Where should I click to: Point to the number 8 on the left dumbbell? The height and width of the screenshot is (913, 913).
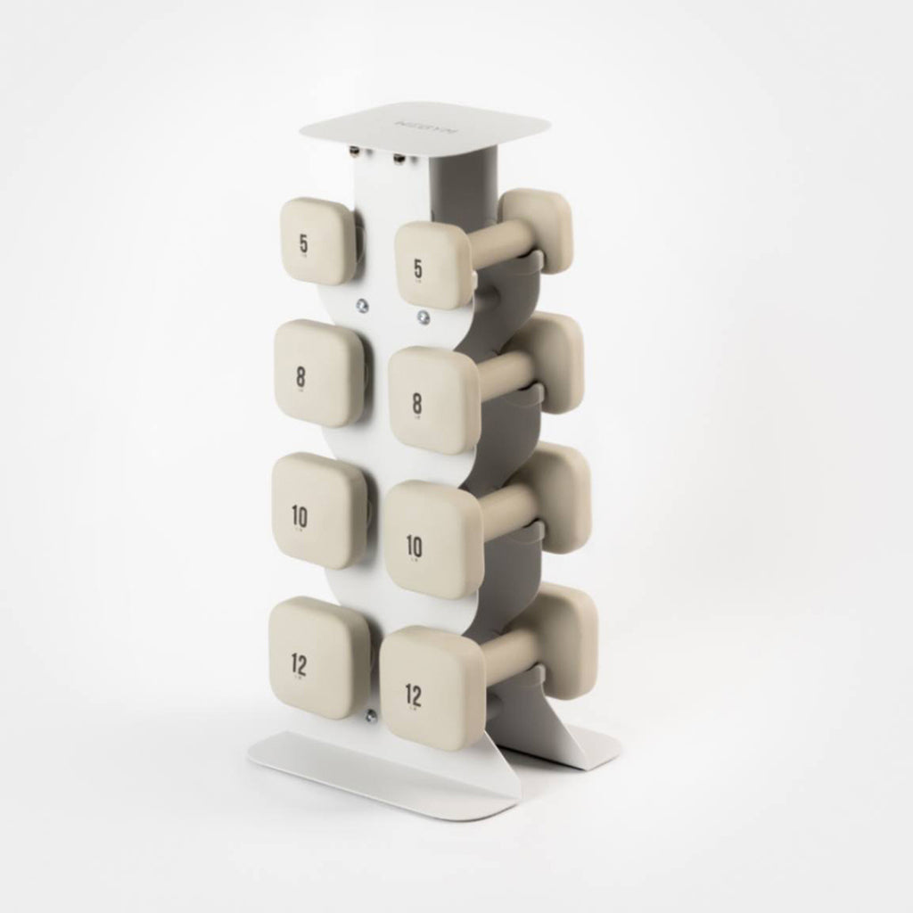coord(300,376)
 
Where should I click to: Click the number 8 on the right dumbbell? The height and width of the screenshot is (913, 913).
coord(417,403)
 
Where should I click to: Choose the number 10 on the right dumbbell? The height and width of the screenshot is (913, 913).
coord(415,543)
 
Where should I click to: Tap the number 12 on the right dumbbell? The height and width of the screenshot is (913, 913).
coord(414,693)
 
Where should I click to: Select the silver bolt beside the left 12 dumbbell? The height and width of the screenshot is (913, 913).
coord(370,713)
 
